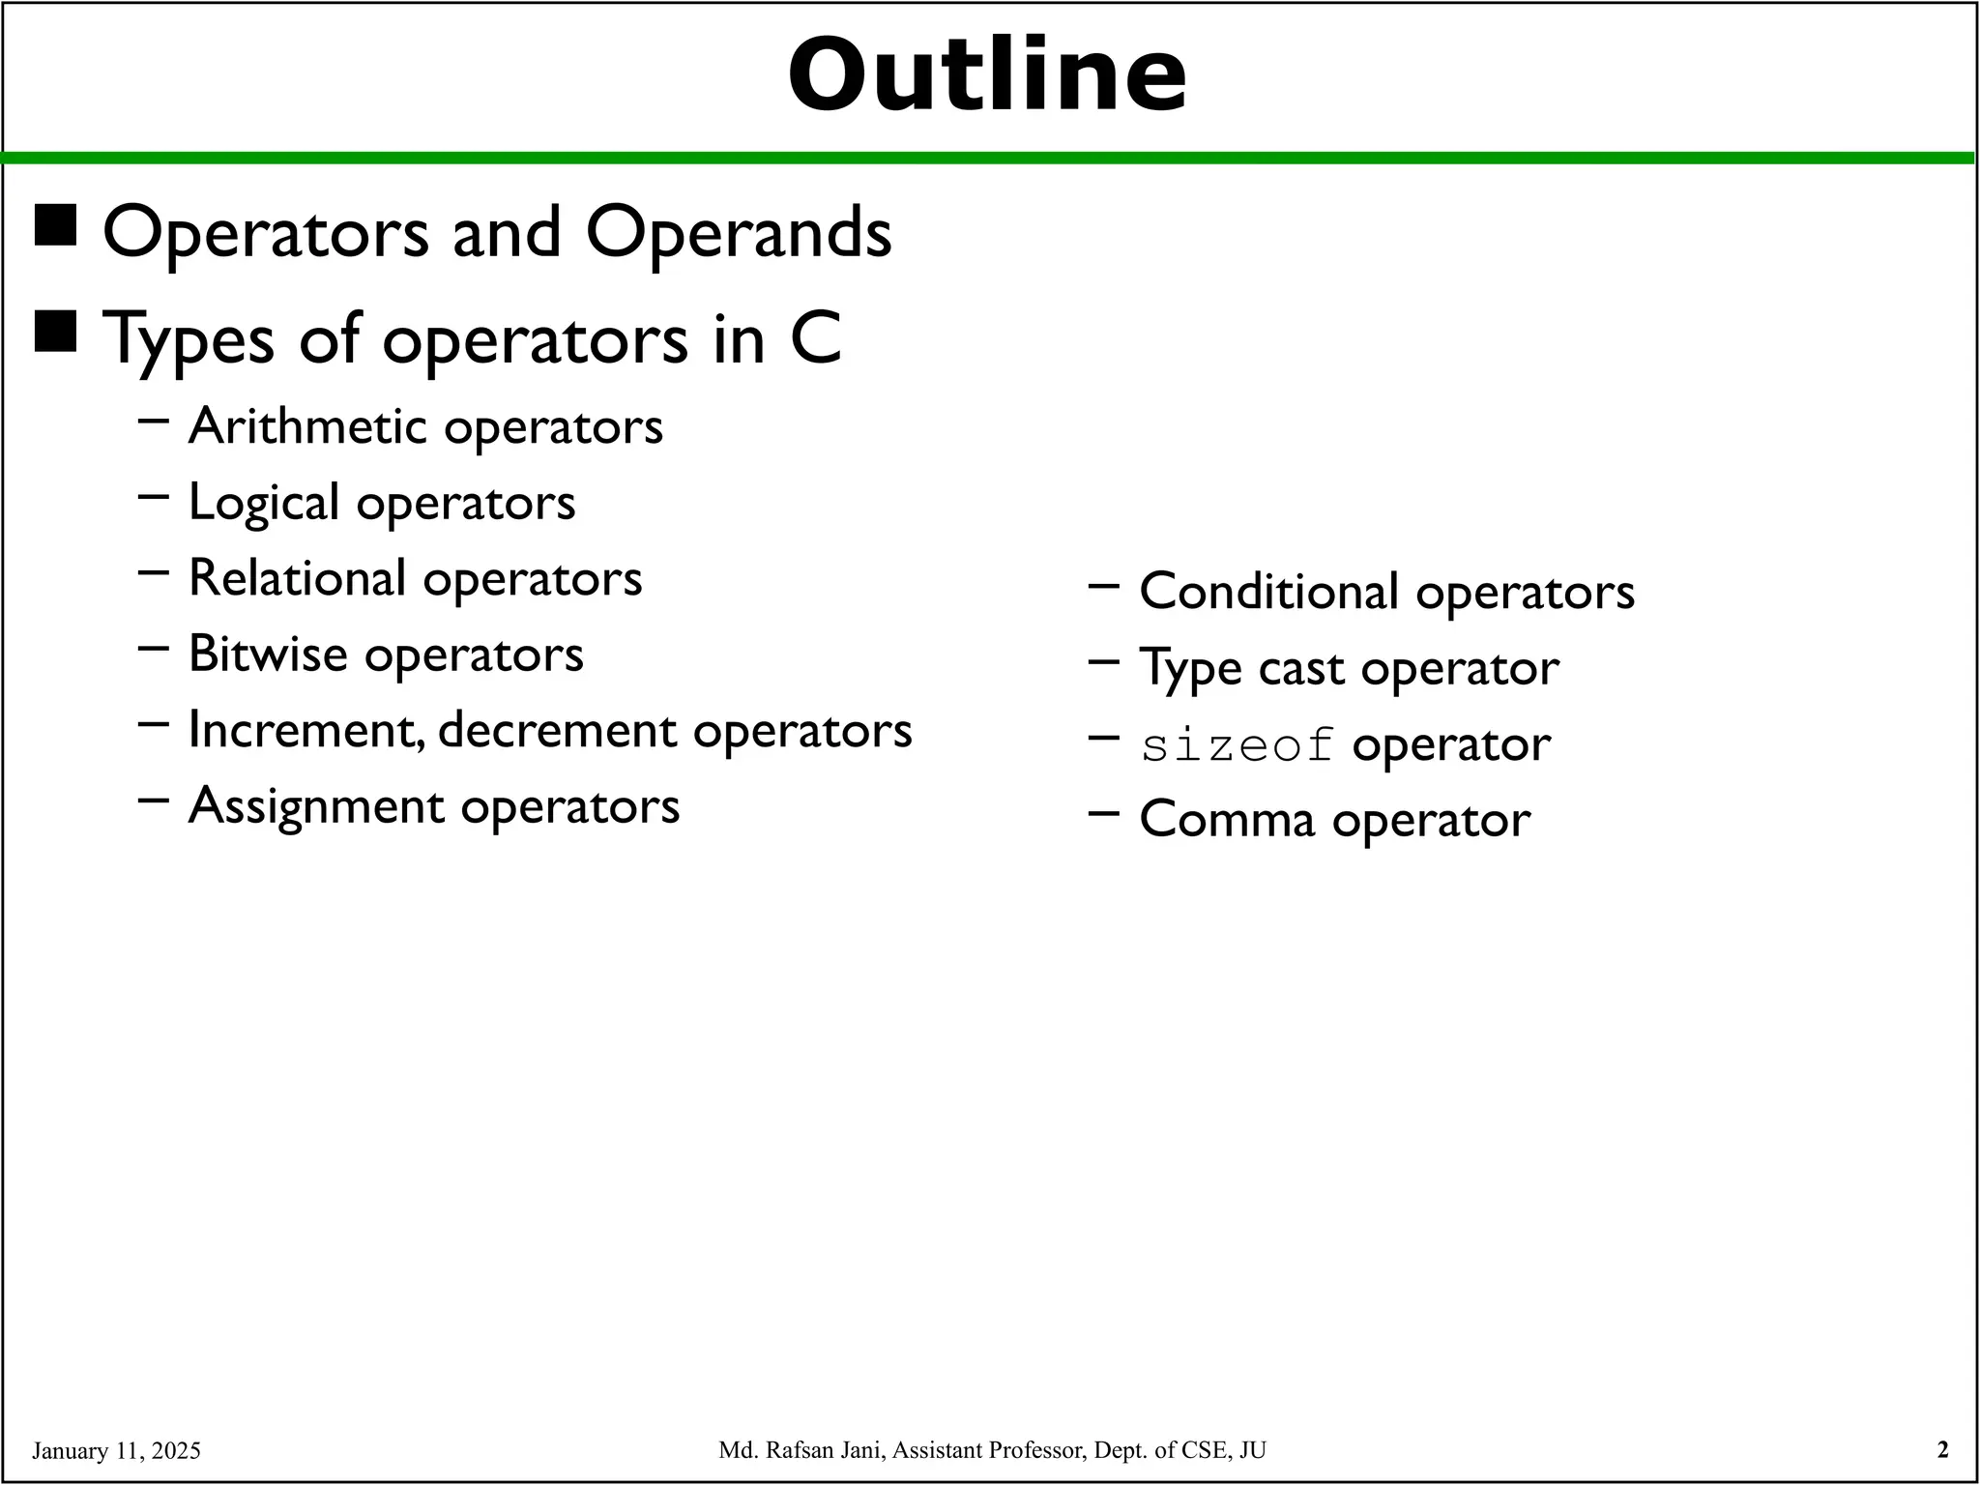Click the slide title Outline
tap(987, 75)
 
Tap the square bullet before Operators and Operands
tap(55, 226)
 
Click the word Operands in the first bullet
tap(738, 234)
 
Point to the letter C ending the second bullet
tap(815, 339)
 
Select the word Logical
tap(264, 503)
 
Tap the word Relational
tap(297, 578)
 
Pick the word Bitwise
tap(268, 654)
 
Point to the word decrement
tap(557, 730)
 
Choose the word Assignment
tap(316, 805)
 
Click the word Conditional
tap(1268, 591)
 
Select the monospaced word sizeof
tap(1237, 746)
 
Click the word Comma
tap(1227, 820)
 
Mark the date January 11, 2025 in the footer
tap(116, 1450)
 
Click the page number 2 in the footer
tap(1942, 1449)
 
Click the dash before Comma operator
tap(1103, 814)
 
